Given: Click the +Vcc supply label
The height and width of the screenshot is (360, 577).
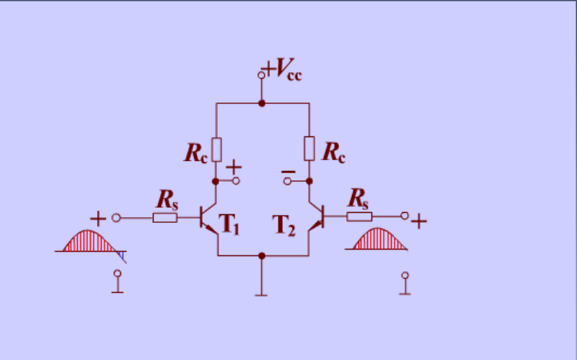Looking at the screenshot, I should pyautogui.click(x=283, y=71).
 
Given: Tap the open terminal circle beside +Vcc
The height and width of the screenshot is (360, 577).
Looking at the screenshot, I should pyautogui.click(x=261, y=74).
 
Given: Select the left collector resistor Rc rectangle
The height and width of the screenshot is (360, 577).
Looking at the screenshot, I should pyautogui.click(x=216, y=149).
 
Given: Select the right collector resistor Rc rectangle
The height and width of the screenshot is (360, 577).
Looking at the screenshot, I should pyautogui.click(x=309, y=149).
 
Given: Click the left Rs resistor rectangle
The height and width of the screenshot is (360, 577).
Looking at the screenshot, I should pyautogui.click(x=164, y=216).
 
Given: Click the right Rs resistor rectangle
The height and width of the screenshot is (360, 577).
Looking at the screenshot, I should pyautogui.click(x=358, y=216).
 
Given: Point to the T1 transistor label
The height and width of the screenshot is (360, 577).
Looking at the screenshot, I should pyautogui.click(x=229, y=225).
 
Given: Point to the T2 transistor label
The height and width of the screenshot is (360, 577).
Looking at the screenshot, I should pyautogui.click(x=283, y=225).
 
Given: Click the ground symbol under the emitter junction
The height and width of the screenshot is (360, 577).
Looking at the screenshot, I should pyautogui.click(x=262, y=292).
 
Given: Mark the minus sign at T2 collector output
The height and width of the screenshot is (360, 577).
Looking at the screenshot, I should pyautogui.click(x=288, y=172).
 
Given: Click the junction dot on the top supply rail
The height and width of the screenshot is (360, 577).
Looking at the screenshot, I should pyautogui.click(x=262, y=103).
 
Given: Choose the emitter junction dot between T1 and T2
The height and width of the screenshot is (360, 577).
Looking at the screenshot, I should pyautogui.click(x=262, y=255).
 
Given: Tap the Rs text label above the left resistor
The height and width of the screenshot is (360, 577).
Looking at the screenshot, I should pyautogui.click(x=167, y=197).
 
